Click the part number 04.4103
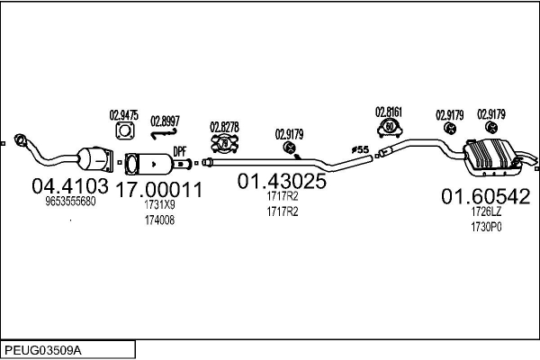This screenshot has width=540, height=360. coord(70,185)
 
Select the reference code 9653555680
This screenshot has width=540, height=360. coord(70,202)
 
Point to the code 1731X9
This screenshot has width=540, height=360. coord(159,205)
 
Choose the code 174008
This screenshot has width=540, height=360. coord(159,220)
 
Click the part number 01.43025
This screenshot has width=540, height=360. coord(282,181)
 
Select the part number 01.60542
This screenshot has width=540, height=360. coord(485,196)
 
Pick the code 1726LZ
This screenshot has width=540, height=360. coord(484,212)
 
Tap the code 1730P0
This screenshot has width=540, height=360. coord(484,228)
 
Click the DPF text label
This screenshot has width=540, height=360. coord(180,152)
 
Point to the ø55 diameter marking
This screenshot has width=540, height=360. coord(360,148)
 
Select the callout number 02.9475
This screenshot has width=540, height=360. coord(123,114)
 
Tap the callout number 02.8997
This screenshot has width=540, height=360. coord(165,120)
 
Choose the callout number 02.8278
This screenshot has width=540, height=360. coord(224,126)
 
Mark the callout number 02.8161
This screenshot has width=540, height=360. coord(388,112)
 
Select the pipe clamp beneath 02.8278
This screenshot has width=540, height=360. coord(223,143)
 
